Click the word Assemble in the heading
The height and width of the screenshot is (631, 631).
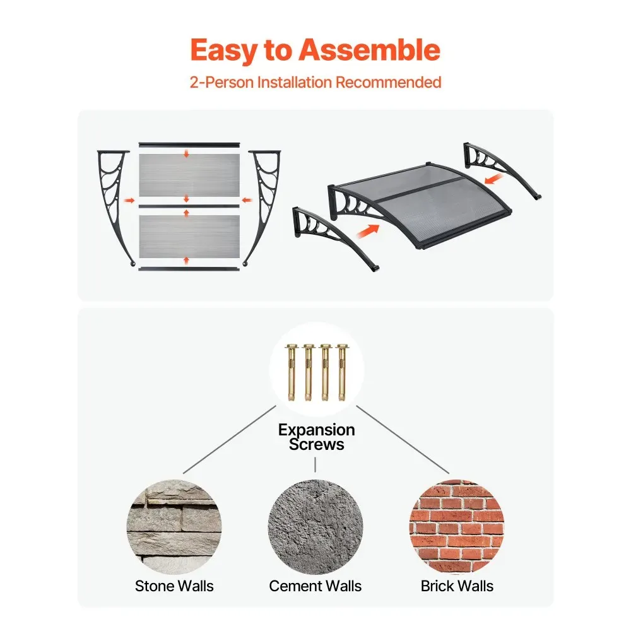pyautogui.click(x=369, y=50)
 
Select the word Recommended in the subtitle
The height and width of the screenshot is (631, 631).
pyautogui.click(x=388, y=82)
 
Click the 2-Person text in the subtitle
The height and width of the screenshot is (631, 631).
pyautogui.click(x=221, y=82)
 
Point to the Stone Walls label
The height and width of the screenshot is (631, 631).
pyautogui.click(x=174, y=586)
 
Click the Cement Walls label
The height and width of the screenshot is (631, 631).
pyautogui.click(x=315, y=586)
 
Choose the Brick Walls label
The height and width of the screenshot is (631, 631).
pyautogui.click(x=457, y=586)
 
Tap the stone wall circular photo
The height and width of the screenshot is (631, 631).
pyautogui.click(x=174, y=527)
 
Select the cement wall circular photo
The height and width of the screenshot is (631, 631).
pyautogui.click(x=315, y=527)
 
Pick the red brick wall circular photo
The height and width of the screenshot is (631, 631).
pyautogui.click(x=457, y=527)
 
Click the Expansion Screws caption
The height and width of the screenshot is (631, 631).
pyautogui.click(x=316, y=437)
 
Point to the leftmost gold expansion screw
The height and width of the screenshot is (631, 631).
pyautogui.click(x=292, y=372)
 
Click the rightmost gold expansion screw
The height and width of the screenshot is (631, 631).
pyautogui.click(x=342, y=372)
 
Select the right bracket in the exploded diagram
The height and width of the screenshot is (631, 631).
pyautogui.click(x=264, y=201)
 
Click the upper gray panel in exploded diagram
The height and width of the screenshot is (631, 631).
pyautogui.click(x=189, y=175)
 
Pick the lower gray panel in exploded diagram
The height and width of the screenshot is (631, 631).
pyautogui.click(x=189, y=237)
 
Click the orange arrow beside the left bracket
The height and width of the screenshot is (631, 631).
pyautogui.click(x=129, y=200)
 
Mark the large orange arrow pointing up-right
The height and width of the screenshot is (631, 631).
pyautogui.click(x=368, y=232)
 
